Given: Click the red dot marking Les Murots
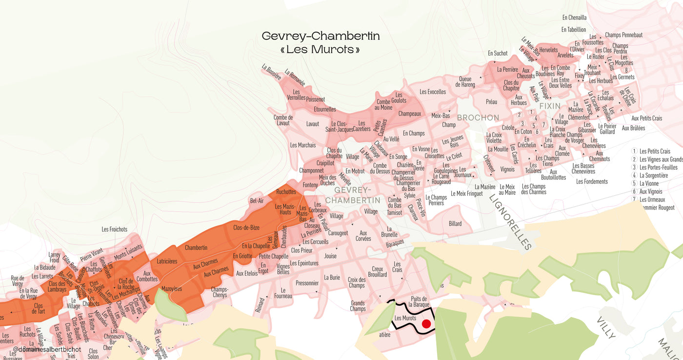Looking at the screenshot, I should [x=426, y=323].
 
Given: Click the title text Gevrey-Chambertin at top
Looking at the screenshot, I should [x=321, y=36].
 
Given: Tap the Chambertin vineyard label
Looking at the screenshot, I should [x=196, y=248].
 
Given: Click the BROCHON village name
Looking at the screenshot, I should [x=478, y=118].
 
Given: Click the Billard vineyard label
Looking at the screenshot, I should [x=455, y=224].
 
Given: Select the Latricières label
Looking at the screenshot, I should [x=167, y=261].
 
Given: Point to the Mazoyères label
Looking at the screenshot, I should [x=171, y=289].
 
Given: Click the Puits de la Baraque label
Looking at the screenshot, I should [x=419, y=301].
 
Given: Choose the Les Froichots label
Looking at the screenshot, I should [x=115, y=229].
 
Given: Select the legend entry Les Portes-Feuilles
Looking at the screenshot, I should [x=658, y=167].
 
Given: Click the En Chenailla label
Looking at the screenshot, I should [x=574, y=18].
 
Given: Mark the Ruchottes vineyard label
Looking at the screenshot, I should [x=286, y=192].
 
